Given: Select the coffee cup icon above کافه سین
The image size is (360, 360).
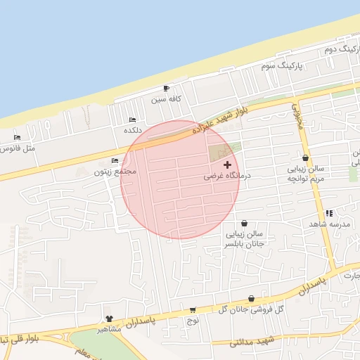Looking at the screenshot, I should (x=166, y=88).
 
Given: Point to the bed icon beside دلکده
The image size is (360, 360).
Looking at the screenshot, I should (x=133, y=120).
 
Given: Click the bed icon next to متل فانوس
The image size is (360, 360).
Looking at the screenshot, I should (x=17, y=137).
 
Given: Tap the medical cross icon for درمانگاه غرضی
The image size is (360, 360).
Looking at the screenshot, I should (x=227, y=164).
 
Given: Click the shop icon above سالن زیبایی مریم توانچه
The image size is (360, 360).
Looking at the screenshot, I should (x=305, y=158).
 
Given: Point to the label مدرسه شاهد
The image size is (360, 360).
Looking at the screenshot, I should (x=329, y=224).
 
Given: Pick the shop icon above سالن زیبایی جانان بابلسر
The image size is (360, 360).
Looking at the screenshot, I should (x=243, y=222).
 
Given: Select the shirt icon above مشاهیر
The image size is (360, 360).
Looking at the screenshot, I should (x=108, y=319).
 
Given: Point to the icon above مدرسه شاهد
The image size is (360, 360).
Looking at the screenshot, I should (x=329, y=212).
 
